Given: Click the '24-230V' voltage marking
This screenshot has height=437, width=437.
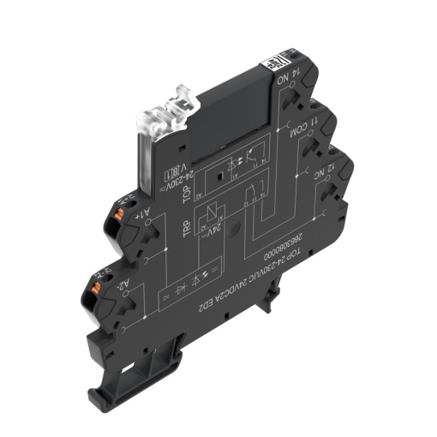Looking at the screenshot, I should [175, 179].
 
